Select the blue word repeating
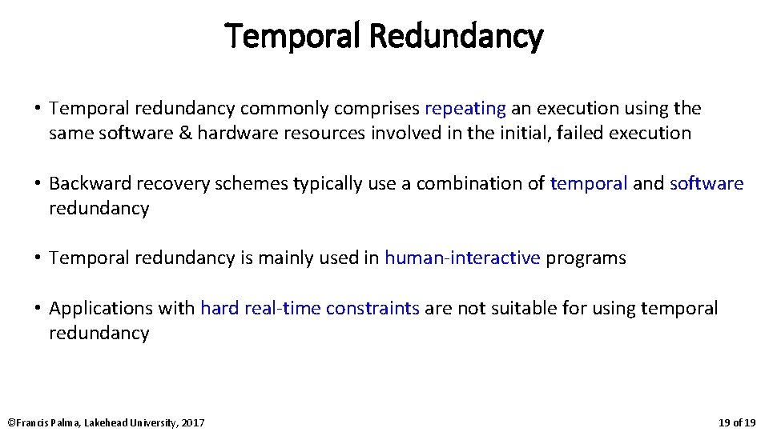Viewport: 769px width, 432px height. (465, 108)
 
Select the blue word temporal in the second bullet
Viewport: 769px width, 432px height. (589, 183)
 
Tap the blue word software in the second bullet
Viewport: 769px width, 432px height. (707, 183)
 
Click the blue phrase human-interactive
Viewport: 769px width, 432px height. (462, 258)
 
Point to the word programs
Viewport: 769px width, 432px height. (586, 258)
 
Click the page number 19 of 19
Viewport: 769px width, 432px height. (737, 422)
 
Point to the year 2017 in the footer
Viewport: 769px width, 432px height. (193, 422)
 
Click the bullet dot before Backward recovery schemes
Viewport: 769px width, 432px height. (38, 183)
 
